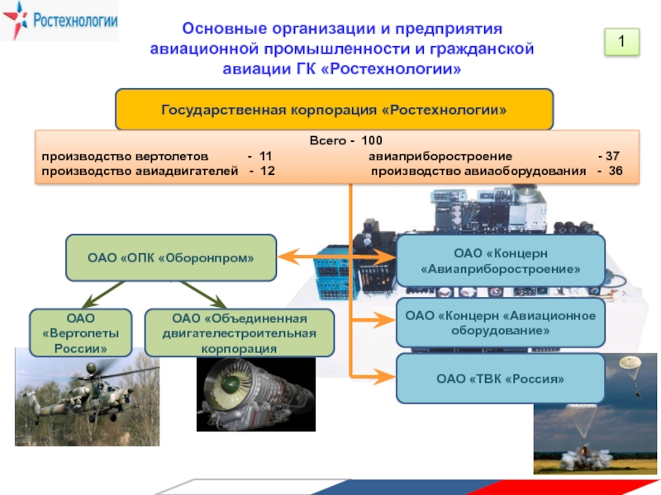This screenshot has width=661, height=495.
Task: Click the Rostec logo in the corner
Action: [59, 21]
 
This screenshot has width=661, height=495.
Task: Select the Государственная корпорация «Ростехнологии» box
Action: [333, 110]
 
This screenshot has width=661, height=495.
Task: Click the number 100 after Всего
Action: [371, 141]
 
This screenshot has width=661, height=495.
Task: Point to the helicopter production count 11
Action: [264, 155]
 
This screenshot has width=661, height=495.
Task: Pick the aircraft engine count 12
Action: [267, 171]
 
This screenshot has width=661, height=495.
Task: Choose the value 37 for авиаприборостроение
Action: [612, 155]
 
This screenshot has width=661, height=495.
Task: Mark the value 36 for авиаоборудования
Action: [615, 171]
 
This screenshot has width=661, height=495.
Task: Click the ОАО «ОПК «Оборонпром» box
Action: [171, 257]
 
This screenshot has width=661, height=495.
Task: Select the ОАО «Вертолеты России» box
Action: [81, 332]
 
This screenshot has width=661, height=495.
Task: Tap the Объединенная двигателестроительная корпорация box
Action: [239, 333]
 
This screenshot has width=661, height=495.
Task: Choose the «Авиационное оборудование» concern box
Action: [501, 323]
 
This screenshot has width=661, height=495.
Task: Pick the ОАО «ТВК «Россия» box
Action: [501, 379]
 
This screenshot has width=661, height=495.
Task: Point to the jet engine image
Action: [254, 394]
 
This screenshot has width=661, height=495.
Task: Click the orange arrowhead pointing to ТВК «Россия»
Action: [384, 377]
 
